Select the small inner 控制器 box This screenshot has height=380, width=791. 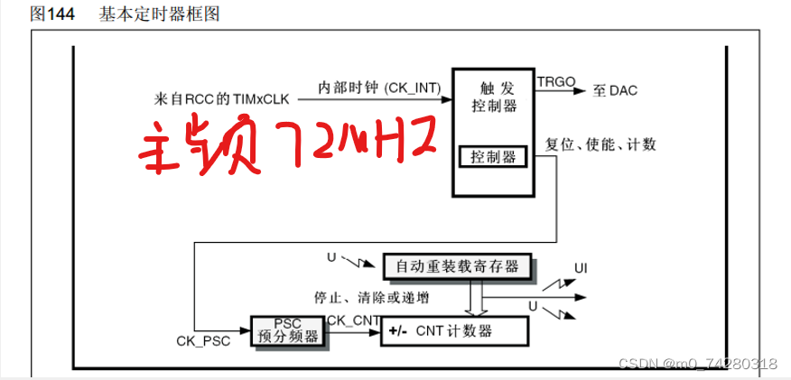493,157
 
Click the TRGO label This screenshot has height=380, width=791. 554,80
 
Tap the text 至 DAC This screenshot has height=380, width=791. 616,90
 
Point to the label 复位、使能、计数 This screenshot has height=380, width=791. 601,144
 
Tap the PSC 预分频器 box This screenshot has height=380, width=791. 287,330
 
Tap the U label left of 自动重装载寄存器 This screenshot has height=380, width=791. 331,258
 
